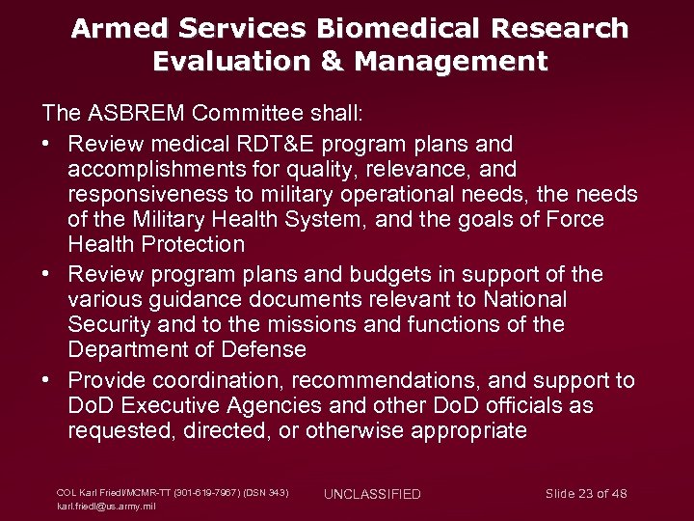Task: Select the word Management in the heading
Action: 451,63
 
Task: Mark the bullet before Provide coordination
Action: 47,380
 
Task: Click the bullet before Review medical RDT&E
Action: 47,144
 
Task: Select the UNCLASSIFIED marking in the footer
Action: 372,494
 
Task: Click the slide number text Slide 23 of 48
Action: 586,494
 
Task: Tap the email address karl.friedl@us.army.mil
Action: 106,506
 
